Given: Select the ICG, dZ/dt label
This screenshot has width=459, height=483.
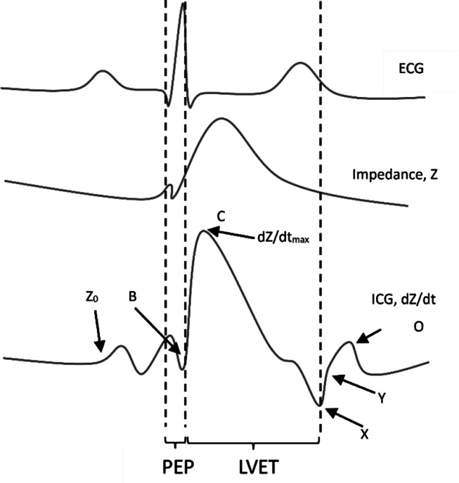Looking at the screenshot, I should coord(408,299).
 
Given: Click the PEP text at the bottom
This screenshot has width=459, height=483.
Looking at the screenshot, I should coord(174,468).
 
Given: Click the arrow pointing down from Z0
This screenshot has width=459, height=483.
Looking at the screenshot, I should coord(100,336).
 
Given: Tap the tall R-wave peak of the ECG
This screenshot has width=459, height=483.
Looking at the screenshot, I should coord(183,6).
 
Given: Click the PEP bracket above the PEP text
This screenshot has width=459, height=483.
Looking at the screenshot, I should coord(175,444).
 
